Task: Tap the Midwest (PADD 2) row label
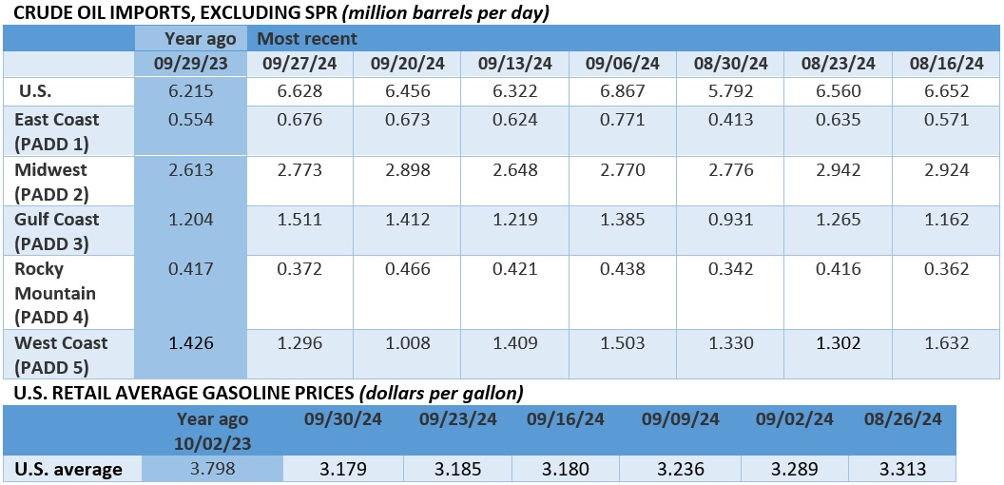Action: pos(55,180)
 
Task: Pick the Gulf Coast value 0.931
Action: pos(730,219)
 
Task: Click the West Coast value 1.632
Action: pos(946,342)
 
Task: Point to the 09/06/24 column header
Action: pos(622,65)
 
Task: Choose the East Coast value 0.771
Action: pos(622,120)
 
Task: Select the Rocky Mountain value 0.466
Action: pos(407,268)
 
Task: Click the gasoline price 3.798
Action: pos(212,469)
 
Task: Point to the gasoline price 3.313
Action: pos(900,469)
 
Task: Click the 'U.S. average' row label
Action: pos(68,469)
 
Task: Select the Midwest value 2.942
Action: pos(839,169)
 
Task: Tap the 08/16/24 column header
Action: pos(946,65)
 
